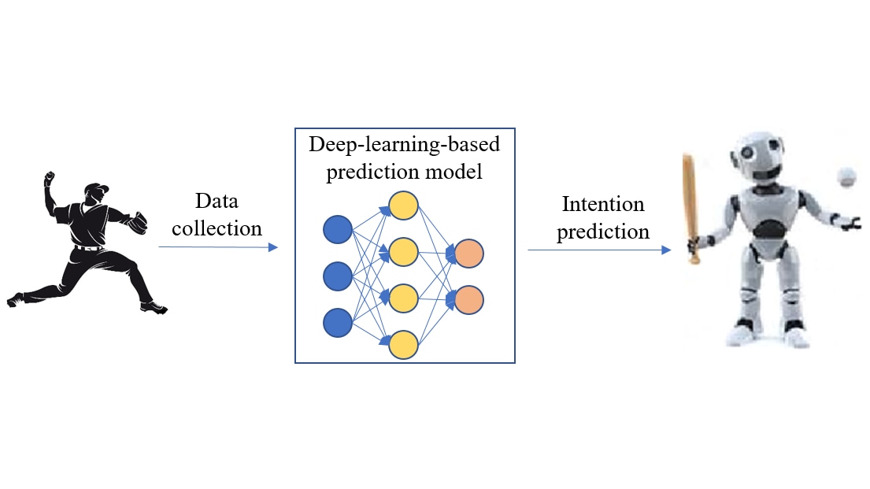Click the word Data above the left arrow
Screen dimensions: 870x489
[x=217, y=201]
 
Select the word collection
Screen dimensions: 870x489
[x=217, y=228]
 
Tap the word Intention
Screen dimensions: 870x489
[x=603, y=204]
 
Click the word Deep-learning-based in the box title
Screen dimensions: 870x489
[x=405, y=144]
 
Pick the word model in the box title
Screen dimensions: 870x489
[x=454, y=172]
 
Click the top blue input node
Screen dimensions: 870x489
[x=337, y=229]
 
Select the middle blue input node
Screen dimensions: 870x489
[x=337, y=276]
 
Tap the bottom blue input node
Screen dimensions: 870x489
[x=337, y=323]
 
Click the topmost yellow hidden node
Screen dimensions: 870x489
[x=403, y=206]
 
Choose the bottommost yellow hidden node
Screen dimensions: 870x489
[x=403, y=345]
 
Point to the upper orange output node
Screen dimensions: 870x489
[x=468, y=254]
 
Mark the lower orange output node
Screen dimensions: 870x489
[x=468, y=300]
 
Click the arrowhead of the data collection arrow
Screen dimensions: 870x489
[x=273, y=247]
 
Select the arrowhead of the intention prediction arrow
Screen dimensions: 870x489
[x=666, y=250]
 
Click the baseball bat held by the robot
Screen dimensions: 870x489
[x=690, y=209]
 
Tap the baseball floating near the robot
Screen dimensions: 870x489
[x=846, y=178]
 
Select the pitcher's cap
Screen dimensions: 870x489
[x=98, y=187]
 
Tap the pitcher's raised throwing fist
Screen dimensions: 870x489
[x=50, y=178]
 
